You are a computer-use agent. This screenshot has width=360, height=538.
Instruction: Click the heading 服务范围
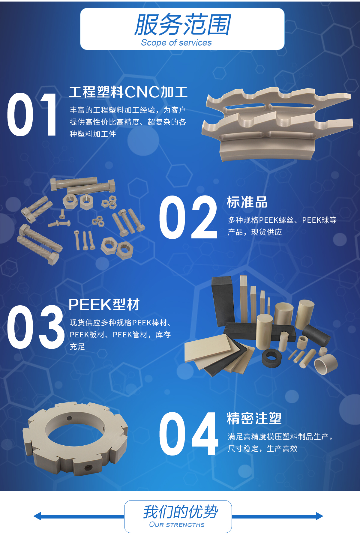183,25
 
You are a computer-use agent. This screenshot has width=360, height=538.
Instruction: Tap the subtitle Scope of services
176,43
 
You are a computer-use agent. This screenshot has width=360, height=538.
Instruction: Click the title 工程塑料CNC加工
128,92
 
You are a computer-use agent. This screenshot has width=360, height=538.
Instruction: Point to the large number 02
188,217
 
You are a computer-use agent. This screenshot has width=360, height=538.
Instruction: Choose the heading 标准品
247,202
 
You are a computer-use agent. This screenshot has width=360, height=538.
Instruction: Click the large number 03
36,327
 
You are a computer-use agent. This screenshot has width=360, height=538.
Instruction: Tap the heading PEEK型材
104,305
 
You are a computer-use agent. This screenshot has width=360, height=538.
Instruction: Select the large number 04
189,434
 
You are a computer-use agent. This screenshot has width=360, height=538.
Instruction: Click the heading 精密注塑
254,418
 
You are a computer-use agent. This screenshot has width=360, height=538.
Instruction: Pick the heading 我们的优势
181,512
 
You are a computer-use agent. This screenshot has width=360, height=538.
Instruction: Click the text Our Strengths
177,525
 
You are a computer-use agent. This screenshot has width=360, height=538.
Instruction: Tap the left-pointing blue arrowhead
37,516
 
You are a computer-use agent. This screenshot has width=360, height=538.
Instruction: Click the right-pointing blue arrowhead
319,516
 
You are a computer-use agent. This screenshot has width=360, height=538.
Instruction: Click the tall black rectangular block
223,301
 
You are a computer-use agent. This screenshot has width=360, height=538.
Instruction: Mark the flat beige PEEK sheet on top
208,348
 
